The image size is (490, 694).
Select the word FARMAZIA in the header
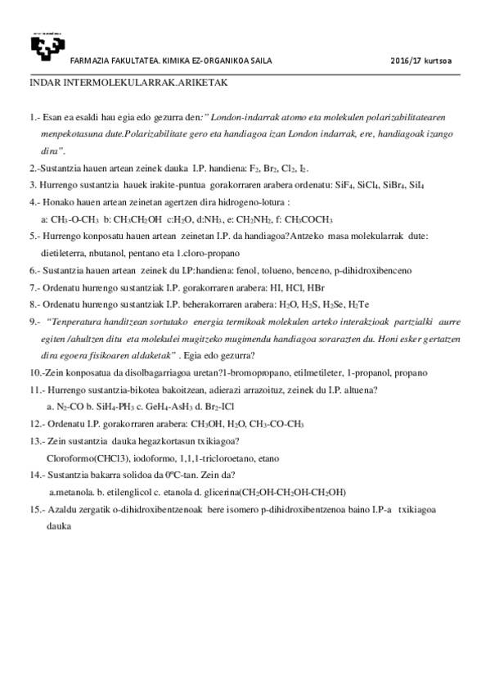[x=91, y=61]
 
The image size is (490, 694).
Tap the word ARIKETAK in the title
[x=208, y=83]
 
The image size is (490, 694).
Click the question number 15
[x=36, y=509]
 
